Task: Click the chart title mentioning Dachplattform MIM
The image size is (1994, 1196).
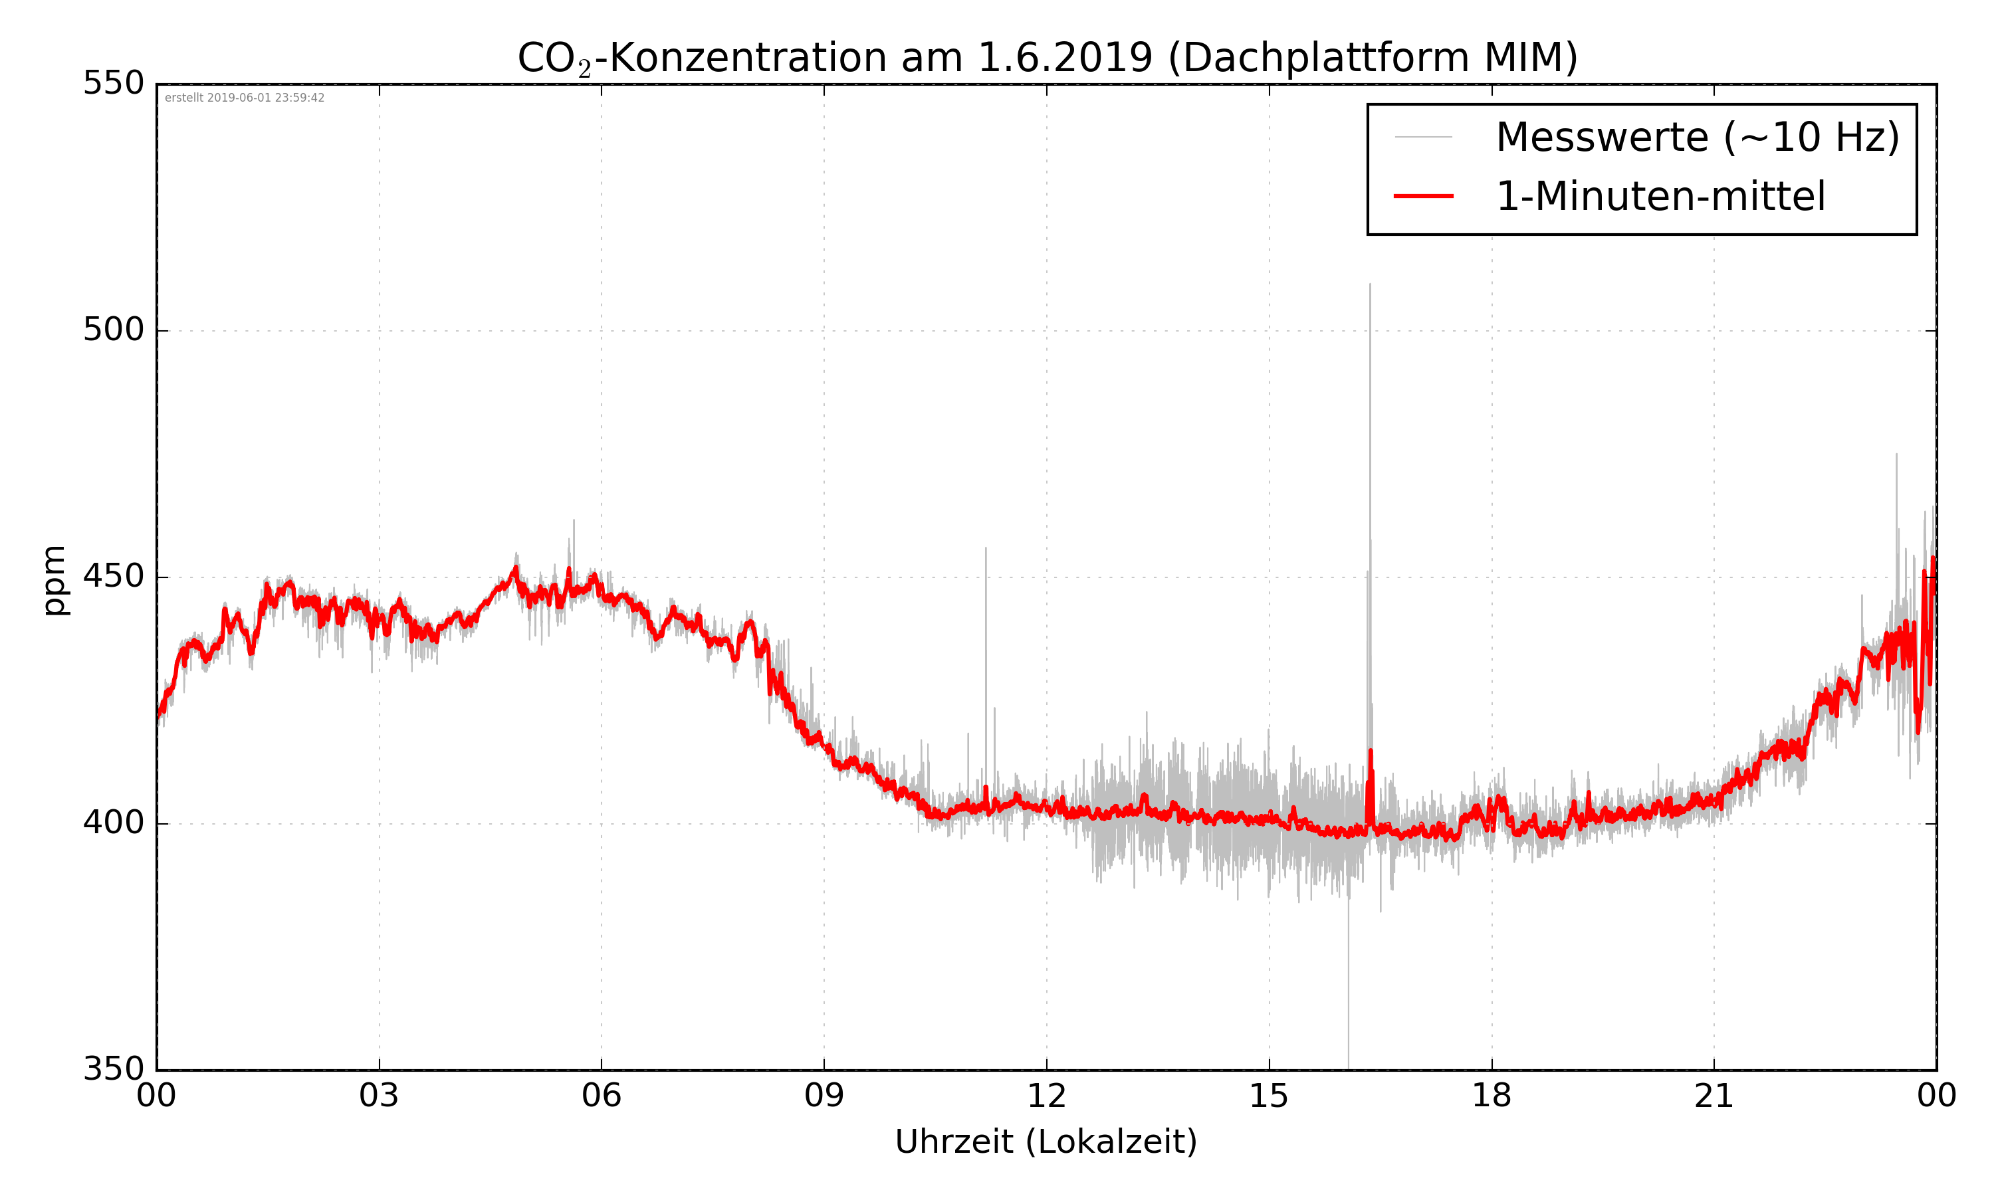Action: click(1047, 58)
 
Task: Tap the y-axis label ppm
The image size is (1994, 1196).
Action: click(54, 580)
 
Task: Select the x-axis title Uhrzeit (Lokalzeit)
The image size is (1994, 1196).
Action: click(1046, 1142)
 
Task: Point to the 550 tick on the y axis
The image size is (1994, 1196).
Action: click(114, 83)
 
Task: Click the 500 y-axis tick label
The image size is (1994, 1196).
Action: click(114, 330)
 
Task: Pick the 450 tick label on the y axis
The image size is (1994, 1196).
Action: click(114, 576)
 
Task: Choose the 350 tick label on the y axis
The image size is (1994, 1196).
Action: click(114, 1070)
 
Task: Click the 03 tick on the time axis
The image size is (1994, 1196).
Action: click(379, 1097)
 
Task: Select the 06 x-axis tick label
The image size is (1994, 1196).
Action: click(602, 1097)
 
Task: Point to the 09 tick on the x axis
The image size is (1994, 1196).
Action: click(824, 1097)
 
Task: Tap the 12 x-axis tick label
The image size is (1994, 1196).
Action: click(1046, 1097)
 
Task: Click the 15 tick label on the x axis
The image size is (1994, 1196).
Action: click(1269, 1097)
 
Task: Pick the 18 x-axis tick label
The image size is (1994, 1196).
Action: click(1491, 1097)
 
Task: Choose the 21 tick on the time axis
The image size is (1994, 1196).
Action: click(1714, 1097)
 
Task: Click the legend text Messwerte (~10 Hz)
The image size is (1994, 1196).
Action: click(1698, 137)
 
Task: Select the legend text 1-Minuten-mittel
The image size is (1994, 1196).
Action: click(1660, 197)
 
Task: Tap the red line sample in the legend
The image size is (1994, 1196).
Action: click(1423, 196)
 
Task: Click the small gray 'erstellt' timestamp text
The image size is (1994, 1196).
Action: click(244, 98)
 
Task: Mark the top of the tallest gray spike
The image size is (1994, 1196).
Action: click(1370, 284)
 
